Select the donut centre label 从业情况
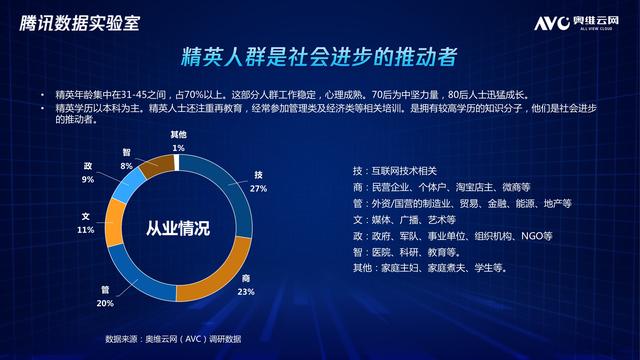[x=177, y=228]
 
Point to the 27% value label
[x=257, y=187]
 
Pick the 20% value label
[x=105, y=302]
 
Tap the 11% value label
[x=85, y=229]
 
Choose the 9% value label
[x=88, y=179]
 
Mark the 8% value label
[x=126, y=165]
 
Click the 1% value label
[x=178, y=147]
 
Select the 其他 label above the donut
[x=178, y=135]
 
